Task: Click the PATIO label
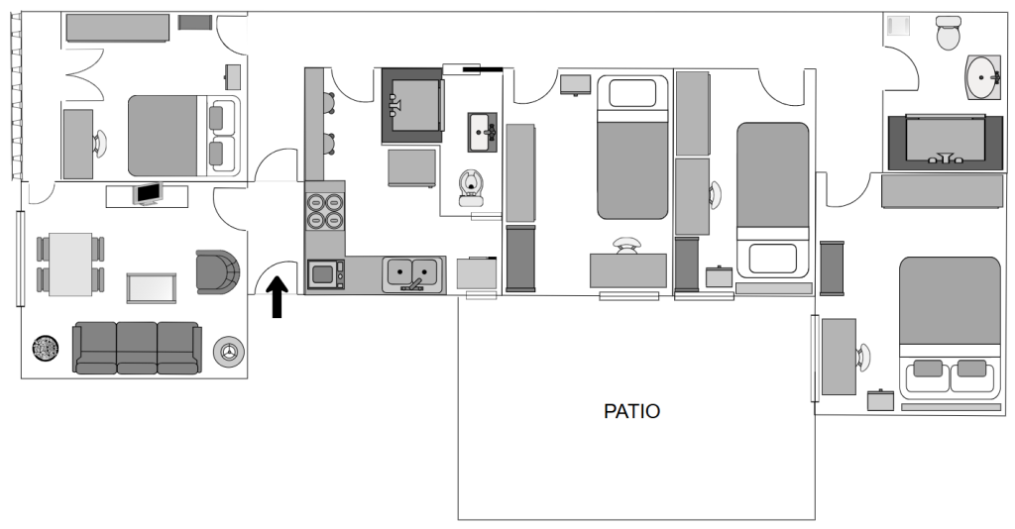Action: tap(631, 411)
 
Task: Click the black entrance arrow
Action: tap(278, 297)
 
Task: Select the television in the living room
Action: tap(149, 194)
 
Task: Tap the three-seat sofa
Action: tap(137, 348)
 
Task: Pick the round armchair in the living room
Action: tap(218, 271)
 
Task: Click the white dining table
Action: tap(70, 264)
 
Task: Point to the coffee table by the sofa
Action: tap(151, 288)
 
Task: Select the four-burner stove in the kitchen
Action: tap(324, 211)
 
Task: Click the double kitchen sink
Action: tap(413, 274)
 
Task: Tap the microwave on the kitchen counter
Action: tap(325, 274)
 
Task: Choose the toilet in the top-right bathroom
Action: tap(949, 33)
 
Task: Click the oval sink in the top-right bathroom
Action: tap(984, 77)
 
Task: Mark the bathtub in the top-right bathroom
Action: tap(945, 143)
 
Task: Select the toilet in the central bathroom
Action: tap(471, 187)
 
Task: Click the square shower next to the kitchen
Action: tap(412, 105)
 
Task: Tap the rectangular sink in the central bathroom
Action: tap(483, 133)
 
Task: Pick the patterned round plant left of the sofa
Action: tap(46, 349)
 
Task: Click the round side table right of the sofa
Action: tap(229, 352)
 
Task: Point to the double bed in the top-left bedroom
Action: tap(183, 136)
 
